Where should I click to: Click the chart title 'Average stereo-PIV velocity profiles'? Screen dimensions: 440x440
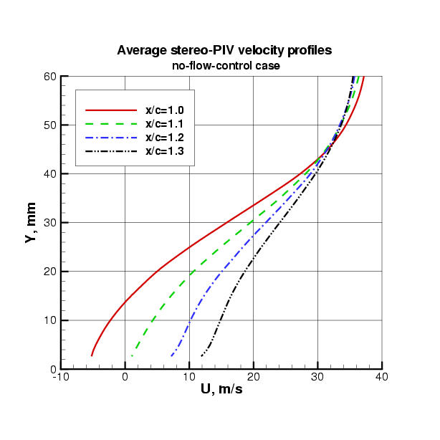pyautogui.click(x=219, y=51)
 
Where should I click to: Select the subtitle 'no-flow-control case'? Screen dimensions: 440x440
pyautogui.click(x=219, y=66)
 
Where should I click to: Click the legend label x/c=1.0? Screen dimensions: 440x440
pyautogui.click(x=165, y=110)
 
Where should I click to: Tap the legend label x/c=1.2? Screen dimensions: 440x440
pyautogui.click(x=165, y=138)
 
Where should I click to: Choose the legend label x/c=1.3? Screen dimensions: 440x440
pyautogui.click(x=165, y=151)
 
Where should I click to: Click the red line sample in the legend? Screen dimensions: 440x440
pyautogui.click(x=110, y=110)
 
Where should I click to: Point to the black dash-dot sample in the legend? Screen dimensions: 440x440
pyautogui.click(x=110, y=151)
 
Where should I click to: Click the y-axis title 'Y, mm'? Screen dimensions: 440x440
pyautogui.click(x=30, y=223)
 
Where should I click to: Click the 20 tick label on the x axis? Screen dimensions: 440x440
pyautogui.click(x=254, y=377)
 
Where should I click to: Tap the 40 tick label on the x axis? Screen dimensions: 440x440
pyautogui.click(x=381, y=377)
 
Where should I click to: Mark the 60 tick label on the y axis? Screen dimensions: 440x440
pyautogui.click(x=49, y=76)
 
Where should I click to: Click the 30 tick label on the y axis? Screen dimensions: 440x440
pyautogui.click(x=49, y=223)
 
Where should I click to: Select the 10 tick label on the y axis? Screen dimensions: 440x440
pyautogui.click(x=49, y=320)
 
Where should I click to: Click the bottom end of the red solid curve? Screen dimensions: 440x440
pyautogui.click(x=92, y=355)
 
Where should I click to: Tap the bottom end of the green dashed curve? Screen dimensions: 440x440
pyautogui.click(x=131, y=355)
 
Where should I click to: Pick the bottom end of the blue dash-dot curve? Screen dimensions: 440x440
pyautogui.click(x=171, y=355)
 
